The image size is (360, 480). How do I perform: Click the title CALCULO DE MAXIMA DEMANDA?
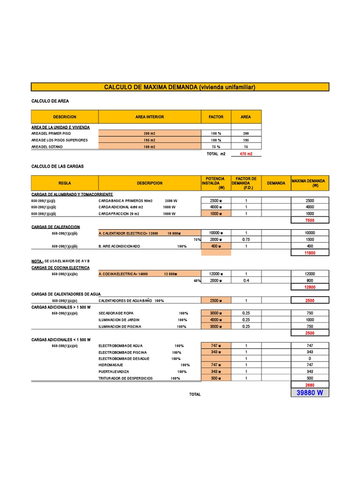click(x=180, y=87)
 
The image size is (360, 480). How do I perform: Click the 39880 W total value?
click(x=310, y=393)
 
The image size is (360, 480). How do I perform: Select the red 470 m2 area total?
click(x=246, y=154)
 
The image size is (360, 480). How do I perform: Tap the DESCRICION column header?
click(x=65, y=117)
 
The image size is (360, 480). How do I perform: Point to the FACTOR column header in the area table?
click(x=216, y=117)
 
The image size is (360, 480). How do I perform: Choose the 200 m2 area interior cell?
click(x=149, y=134)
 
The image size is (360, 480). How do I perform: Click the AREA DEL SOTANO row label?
click(x=47, y=147)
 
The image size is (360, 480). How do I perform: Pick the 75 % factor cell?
click(x=216, y=147)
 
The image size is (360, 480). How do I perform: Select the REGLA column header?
click(x=65, y=183)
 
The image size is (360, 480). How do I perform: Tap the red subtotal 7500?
click(x=310, y=220)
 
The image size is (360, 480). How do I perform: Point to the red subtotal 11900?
click(x=310, y=253)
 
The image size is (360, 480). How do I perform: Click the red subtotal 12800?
click(x=310, y=287)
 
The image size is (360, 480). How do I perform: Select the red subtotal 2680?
click(x=310, y=385)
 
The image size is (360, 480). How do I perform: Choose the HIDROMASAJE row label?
click(x=111, y=365)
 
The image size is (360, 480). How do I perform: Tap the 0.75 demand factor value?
click(x=246, y=239)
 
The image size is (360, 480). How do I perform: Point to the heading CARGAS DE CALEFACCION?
click(x=55, y=227)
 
